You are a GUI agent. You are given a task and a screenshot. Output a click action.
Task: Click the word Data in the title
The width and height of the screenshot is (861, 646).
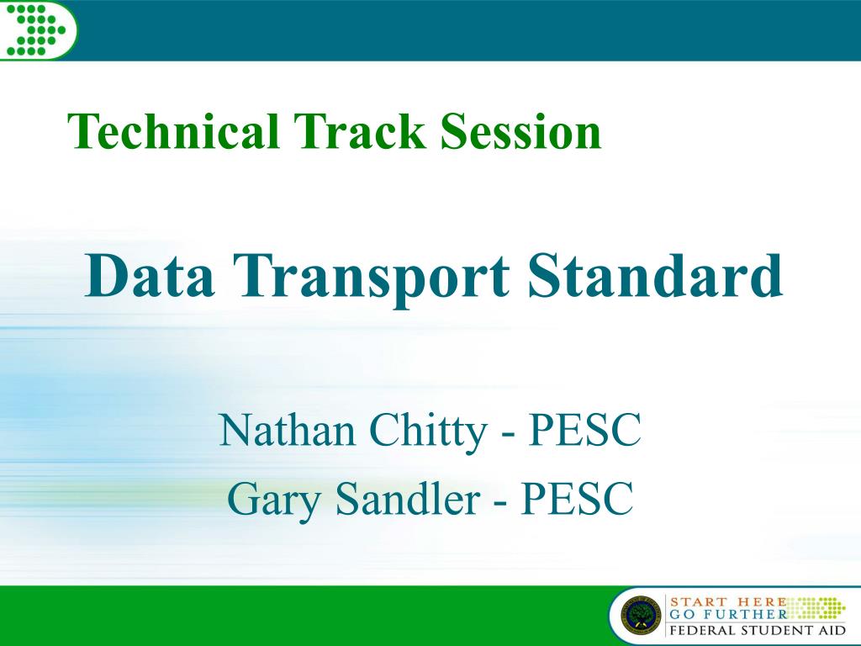pyautogui.click(x=150, y=275)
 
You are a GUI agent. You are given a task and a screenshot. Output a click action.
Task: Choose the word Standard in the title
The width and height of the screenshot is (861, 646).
pyautogui.click(x=655, y=275)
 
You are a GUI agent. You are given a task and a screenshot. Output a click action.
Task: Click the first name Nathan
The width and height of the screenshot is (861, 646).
pyautogui.click(x=288, y=429)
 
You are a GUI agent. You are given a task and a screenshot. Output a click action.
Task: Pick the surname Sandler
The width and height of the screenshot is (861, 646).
pyautogui.click(x=408, y=498)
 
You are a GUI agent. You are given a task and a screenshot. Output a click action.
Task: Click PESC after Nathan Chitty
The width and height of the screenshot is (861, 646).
pyautogui.click(x=584, y=429)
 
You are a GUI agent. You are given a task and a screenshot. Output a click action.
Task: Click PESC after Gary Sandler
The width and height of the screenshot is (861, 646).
pyautogui.click(x=577, y=498)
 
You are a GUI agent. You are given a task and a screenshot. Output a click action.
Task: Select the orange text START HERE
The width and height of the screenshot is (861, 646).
pyautogui.click(x=728, y=602)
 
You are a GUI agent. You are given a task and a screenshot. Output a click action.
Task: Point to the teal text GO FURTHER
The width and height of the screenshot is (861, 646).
pyautogui.click(x=728, y=614)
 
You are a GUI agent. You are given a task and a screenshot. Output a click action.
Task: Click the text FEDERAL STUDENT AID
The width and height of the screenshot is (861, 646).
pyautogui.click(x=758, y=630)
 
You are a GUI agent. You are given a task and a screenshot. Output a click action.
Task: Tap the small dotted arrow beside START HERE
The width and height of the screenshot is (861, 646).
pyautogui.click(x=817, y=608)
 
